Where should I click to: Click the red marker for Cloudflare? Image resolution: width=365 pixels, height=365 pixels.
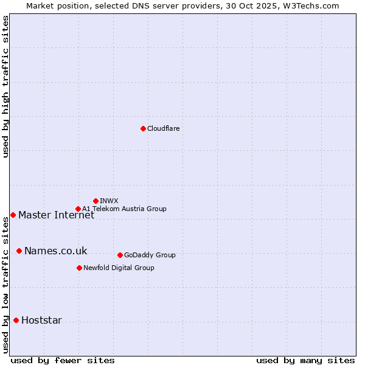click(143, 128)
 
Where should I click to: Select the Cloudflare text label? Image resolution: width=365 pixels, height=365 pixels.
click(163, 128)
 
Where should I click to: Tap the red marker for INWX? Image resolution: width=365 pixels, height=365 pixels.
click(96, 201)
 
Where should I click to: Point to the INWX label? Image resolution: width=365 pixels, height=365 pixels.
click(109, 201)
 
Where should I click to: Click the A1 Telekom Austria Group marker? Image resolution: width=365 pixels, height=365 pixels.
click(78, 209)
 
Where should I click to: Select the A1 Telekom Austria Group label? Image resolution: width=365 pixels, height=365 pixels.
click(124, 209)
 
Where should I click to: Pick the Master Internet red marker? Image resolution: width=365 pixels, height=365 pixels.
click(13, 215)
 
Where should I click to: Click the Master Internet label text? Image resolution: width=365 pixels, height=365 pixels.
click(56, 215)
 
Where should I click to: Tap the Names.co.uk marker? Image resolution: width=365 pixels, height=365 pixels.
click(19, 251)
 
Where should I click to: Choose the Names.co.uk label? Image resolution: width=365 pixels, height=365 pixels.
click(55, 251)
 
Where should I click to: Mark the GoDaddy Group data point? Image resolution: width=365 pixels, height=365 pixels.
click(120, 255)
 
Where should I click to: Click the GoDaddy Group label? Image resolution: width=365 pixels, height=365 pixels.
click(150, 255)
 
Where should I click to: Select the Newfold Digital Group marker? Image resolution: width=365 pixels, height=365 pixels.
click(79, 268)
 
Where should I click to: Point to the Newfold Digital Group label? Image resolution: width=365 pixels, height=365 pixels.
click(119, 268)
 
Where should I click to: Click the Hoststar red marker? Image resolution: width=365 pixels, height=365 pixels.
click(16, 320)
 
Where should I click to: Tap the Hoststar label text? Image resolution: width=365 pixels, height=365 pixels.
click(41, 321)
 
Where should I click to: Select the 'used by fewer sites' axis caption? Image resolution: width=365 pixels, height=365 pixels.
click(63, 360)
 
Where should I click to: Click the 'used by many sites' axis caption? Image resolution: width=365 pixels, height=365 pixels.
click(305, 360)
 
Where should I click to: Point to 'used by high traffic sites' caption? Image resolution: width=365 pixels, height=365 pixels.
click(6, 86)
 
